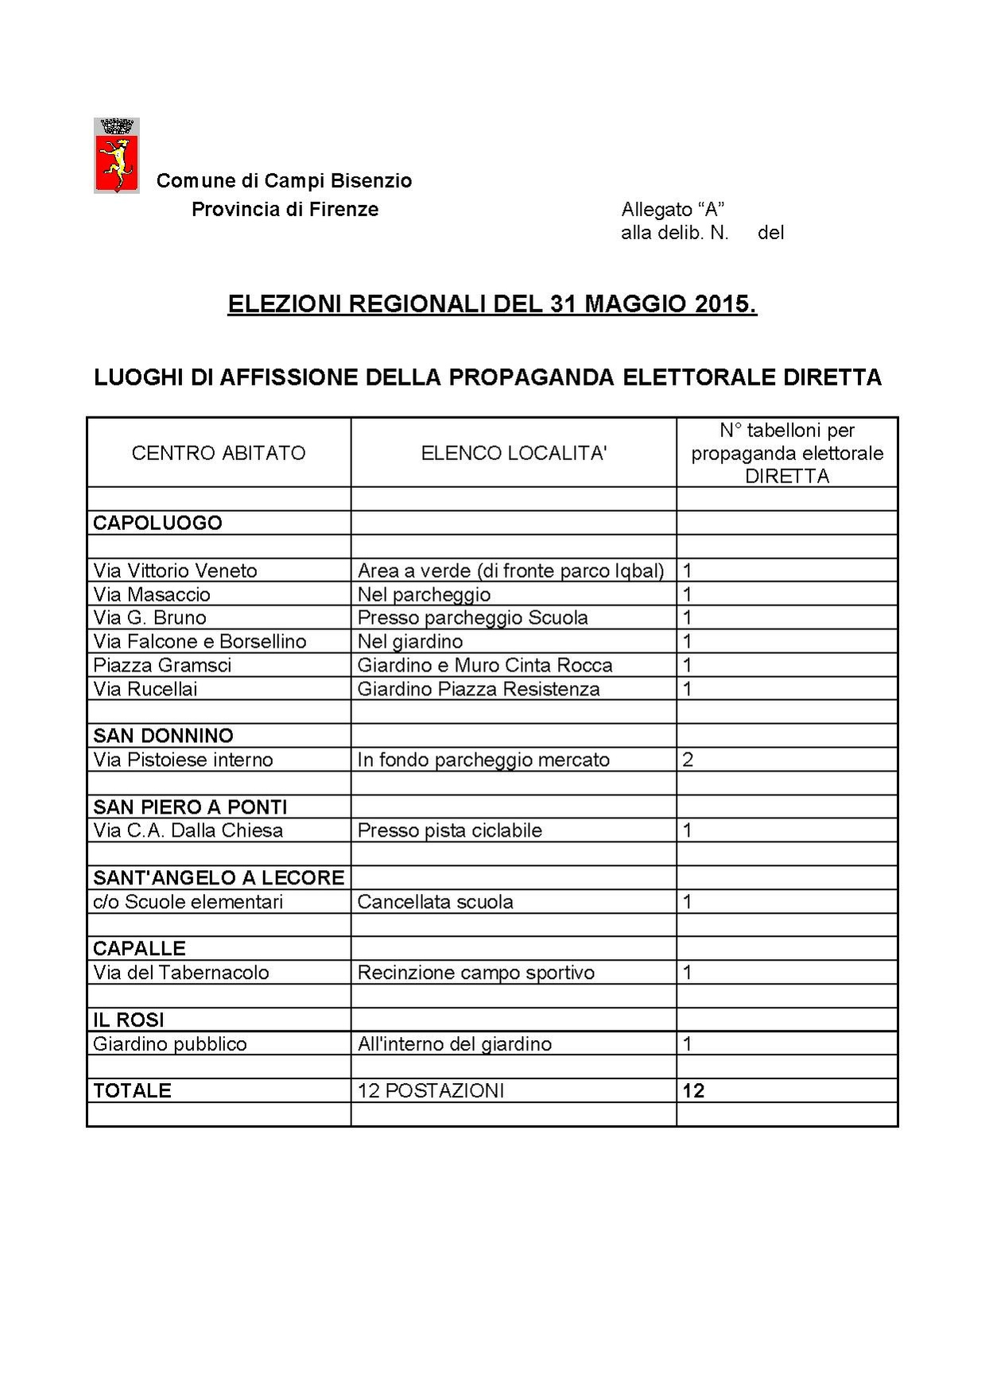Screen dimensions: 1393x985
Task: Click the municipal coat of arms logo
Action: point(117,156)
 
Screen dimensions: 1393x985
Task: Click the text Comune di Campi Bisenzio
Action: point(284,180)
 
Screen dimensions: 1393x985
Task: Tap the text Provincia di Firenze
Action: point(285,209)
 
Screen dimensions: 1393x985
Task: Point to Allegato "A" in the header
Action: point(672,209)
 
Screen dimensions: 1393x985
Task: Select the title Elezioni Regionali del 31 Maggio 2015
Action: point(492,304)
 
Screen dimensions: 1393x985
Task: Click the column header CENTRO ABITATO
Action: point(219,453)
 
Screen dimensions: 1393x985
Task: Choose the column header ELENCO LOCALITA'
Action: point(514,453)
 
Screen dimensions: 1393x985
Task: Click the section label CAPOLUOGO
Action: point(157,523)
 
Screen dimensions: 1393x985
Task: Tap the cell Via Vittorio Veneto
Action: point(175,571)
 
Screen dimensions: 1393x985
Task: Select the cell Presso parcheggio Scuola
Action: point(472,617)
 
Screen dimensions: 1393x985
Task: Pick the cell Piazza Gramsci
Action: point(162,665)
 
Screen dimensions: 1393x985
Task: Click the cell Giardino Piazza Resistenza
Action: point(478,689)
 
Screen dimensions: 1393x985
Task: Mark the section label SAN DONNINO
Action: point(163,736)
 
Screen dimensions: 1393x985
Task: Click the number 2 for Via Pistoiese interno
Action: point(688,760)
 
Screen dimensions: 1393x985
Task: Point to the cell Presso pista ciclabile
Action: point(449,830)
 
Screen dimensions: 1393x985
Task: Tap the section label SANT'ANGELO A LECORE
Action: point(219,877)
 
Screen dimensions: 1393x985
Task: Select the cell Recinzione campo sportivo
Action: point(475,973)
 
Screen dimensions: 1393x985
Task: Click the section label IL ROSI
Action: point(128,1020)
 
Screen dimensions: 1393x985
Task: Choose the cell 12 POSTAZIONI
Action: point(430,1090)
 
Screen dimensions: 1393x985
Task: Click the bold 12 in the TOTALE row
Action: point(693,1090)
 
